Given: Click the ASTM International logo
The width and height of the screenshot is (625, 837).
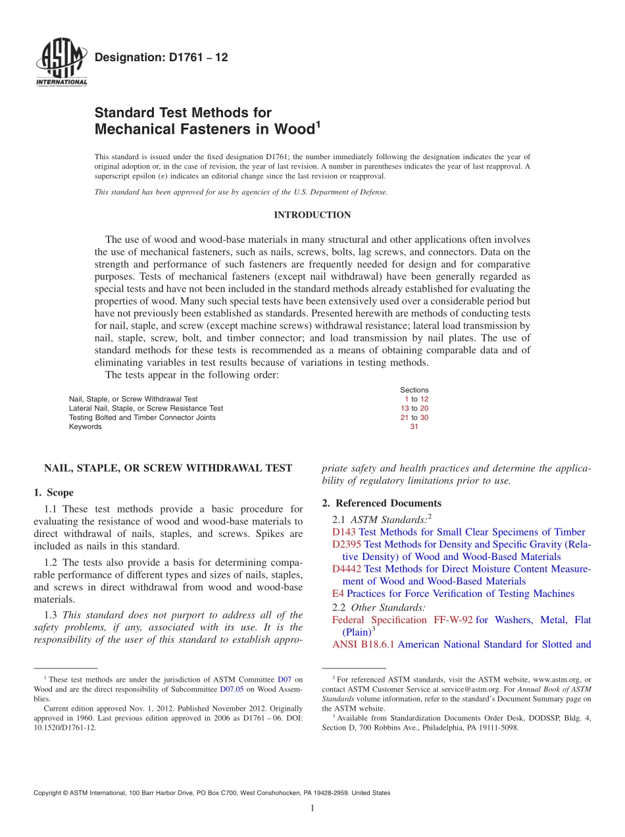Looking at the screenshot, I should (61, 64).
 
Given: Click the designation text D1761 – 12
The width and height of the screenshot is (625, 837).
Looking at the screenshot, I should (161, 58).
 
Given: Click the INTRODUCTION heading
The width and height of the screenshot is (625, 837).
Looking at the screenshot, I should (312, 215).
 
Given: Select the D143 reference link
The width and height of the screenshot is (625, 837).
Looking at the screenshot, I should (344, 532).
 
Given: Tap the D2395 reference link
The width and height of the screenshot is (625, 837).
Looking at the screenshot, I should (347, 544).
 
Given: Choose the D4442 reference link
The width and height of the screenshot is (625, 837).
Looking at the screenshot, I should (347, 569).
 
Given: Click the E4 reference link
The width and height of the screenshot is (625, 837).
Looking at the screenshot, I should (338, 594).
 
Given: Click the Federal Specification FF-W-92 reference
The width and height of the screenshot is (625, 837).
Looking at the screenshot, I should (402, 620).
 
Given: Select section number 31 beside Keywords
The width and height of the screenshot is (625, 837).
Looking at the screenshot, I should (414, 426).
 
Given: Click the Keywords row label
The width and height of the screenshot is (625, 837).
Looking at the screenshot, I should (86, 426).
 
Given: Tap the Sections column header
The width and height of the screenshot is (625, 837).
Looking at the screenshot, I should (414, 390).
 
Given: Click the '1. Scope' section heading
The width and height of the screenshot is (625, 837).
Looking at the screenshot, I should (54, 492).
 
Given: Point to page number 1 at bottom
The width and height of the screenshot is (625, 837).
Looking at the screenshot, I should (312, 808).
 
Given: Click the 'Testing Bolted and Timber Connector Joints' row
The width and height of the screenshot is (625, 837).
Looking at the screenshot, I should (142, 417).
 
